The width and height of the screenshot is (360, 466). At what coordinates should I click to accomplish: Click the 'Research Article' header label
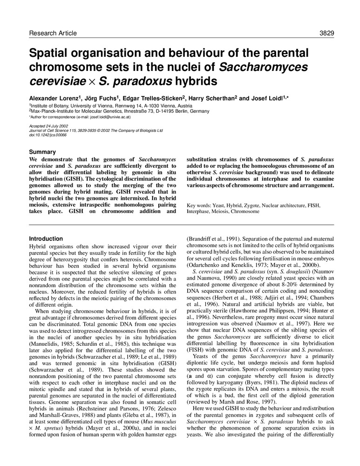coord(53,33)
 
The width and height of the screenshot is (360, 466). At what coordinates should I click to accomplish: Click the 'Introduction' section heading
coord(46,239)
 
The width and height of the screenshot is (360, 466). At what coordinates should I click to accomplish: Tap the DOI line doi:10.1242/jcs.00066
coord(48,135)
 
